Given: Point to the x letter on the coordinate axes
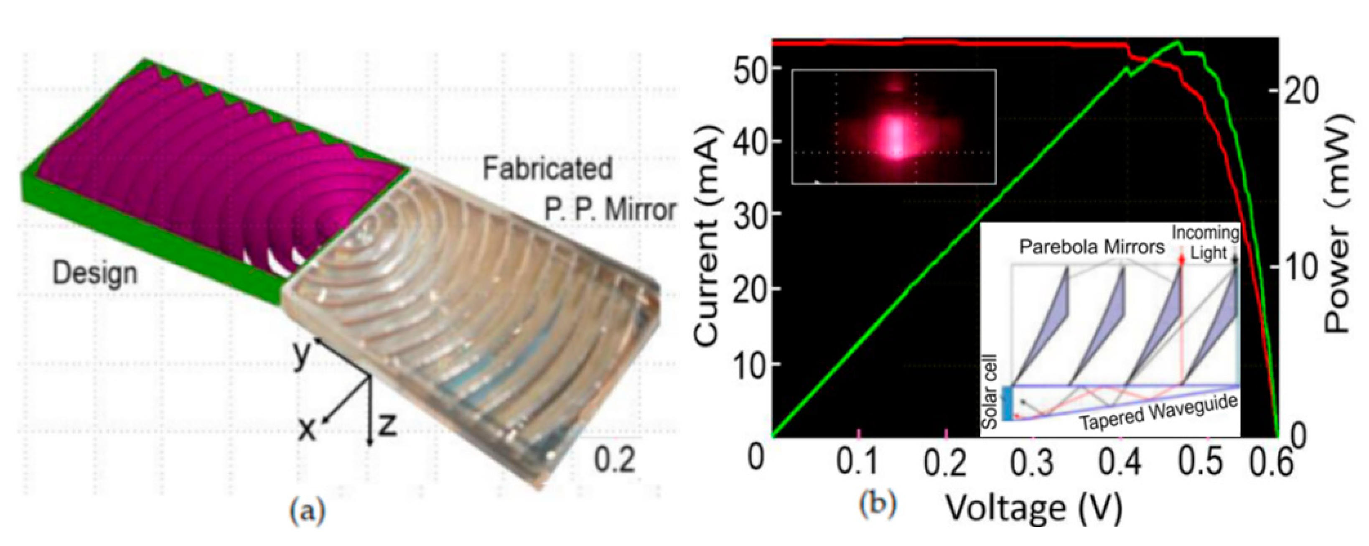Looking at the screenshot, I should [x=306, y=429].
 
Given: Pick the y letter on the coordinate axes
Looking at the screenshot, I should [x=302, y=355].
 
